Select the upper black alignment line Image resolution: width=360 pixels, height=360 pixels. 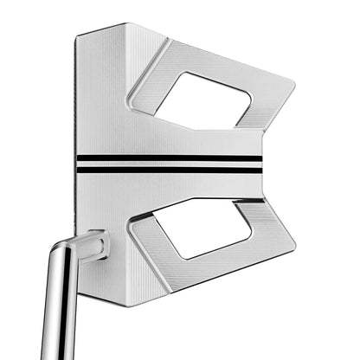[169, 158]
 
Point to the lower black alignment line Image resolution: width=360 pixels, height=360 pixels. [169, 170]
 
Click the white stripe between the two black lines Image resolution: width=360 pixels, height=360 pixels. [169, 164]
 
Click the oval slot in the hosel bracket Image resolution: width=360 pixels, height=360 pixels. [93, 247]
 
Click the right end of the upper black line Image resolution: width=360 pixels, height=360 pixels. [260, 158]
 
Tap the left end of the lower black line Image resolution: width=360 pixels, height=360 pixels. [77, 170]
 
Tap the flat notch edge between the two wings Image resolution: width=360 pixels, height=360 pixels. [261, 164]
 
